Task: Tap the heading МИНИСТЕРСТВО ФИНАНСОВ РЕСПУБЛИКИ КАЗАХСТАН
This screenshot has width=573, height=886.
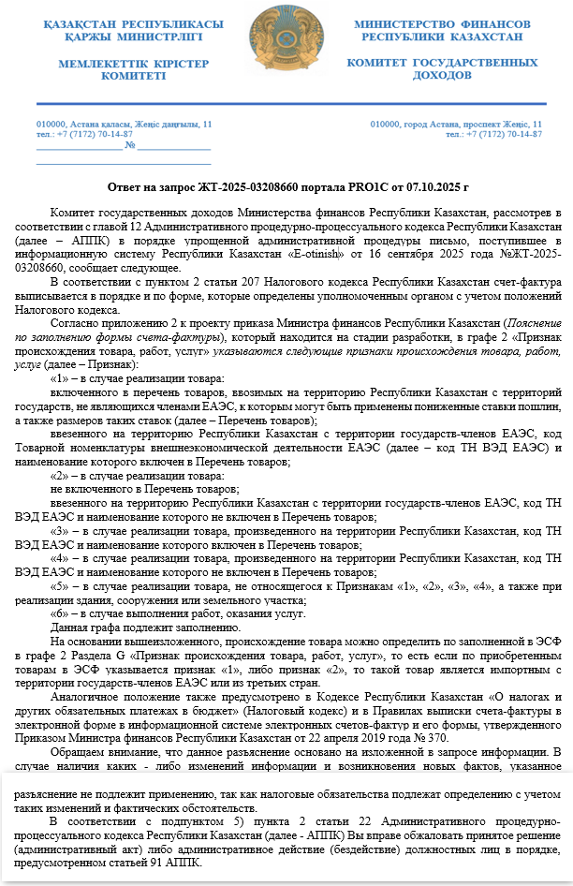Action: click(442, 29)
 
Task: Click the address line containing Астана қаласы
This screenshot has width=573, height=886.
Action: click(125, 125)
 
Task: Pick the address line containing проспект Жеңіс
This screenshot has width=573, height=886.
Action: click(456, 125)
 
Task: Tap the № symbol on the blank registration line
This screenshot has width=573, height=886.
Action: click(131, 145)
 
